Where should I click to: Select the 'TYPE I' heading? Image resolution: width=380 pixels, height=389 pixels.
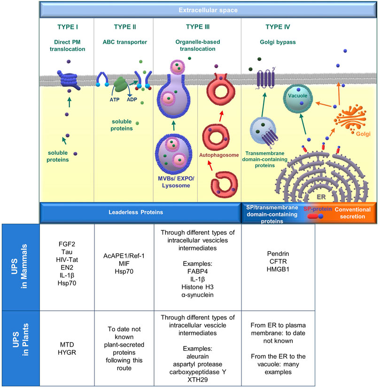(66, 28)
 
